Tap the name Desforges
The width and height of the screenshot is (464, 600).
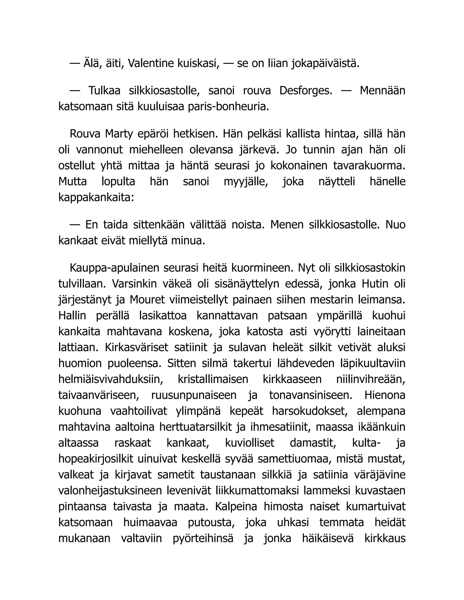306,91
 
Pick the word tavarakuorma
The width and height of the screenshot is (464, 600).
369,166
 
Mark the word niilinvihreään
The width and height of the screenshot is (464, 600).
370,379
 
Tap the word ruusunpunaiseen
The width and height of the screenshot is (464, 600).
194,395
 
